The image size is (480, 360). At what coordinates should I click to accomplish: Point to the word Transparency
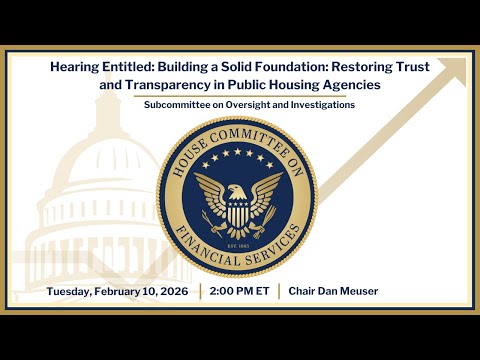[139, 85]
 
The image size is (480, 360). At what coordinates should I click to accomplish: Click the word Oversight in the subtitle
[231, 105]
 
